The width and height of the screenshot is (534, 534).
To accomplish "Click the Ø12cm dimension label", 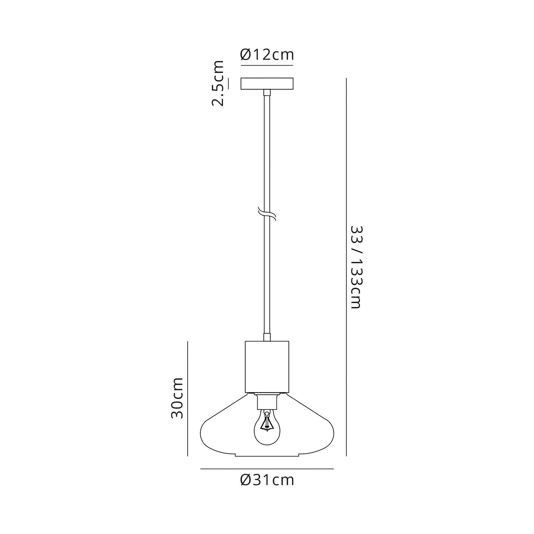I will tap(267, 55).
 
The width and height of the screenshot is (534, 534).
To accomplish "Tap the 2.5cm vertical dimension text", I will tap(218, 83).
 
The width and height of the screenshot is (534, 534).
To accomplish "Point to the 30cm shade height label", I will tap(177, 398).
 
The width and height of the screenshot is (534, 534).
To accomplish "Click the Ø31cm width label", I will tap(267, 480).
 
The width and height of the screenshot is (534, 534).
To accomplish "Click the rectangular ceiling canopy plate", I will tap(267, 84).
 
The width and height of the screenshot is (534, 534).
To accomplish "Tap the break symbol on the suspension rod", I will tap(267, 214).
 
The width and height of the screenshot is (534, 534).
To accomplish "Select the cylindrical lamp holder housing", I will tap(267, 366).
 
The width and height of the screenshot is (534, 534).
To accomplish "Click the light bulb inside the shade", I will tap(267, 429).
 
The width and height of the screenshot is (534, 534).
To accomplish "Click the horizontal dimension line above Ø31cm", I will tap(267, 469).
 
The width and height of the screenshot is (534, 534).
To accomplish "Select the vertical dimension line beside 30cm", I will tap(188, 398).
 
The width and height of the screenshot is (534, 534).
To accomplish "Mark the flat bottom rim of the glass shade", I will tap(267, 456).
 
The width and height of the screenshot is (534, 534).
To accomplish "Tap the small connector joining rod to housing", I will tap(267, 337).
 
